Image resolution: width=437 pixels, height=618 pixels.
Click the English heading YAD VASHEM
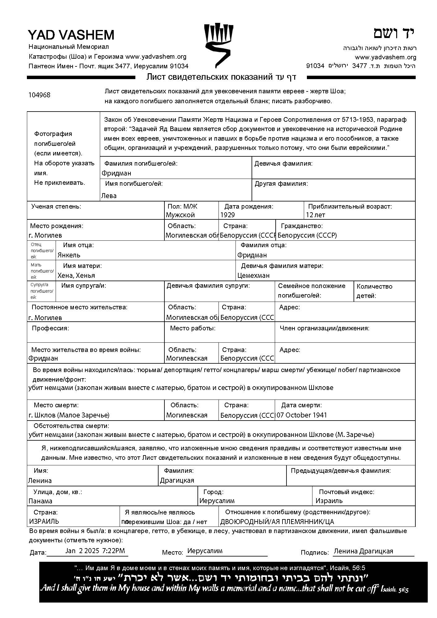(71, 35)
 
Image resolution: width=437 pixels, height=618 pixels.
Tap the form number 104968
(39, 95)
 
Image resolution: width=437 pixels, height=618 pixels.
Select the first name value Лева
(109, 196)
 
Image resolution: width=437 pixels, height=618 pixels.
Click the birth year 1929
(227, 215)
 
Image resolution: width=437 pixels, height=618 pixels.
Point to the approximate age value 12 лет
(316, 215)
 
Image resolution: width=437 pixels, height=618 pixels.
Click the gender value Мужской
(180, 215)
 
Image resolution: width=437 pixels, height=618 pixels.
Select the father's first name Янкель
(69, 255)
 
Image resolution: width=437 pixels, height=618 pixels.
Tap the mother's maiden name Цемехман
(253, 276)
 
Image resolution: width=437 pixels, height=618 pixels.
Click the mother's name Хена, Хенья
(76, 276)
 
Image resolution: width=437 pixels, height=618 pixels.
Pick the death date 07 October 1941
(302, 415)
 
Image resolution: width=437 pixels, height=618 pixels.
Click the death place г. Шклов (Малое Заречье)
(69, 415)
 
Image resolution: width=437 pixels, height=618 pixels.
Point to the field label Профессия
(50, 328)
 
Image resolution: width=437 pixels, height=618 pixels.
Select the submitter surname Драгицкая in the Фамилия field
(177, 480)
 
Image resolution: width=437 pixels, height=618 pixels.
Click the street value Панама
(40, 501)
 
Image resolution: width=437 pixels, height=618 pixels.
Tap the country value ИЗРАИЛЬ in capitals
(44, 522)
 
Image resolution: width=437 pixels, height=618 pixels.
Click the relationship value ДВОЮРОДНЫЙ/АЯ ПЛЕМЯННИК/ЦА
(277, 522)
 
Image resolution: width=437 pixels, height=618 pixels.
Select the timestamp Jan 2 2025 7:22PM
(95, 551)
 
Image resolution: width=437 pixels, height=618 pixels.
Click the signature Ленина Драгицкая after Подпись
(363, 551)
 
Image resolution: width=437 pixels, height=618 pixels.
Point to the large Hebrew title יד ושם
(394, 33)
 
